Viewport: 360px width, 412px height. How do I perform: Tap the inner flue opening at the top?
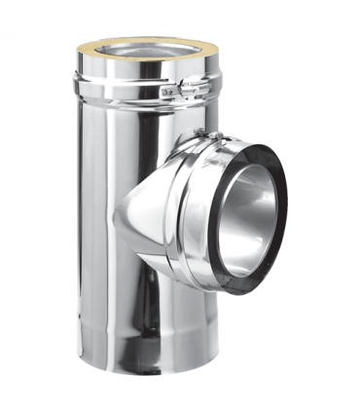click(x=144, y=51)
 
